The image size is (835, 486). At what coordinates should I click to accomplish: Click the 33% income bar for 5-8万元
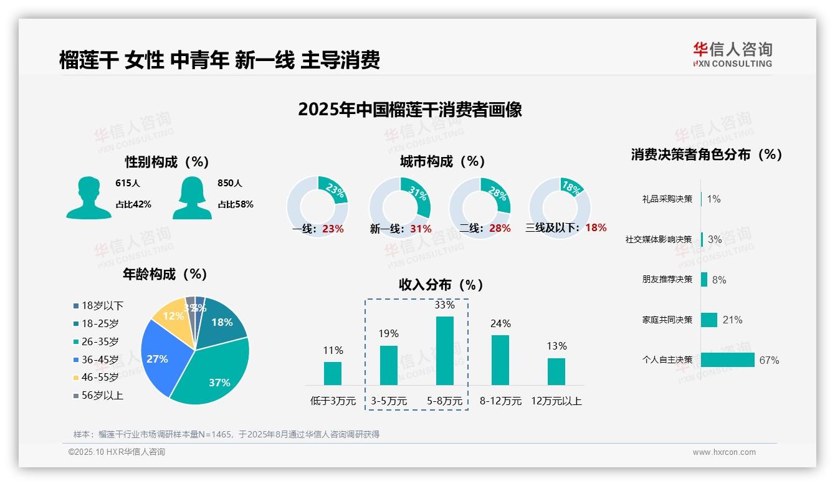pos(445,351)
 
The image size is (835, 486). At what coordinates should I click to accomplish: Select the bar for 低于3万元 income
pos(333,373)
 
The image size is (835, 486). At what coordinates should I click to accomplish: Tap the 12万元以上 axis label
pos(556,401)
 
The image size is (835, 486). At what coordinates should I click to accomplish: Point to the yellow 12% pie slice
pos(170,318)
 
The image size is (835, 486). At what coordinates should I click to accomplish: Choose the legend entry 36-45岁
pos(100,360)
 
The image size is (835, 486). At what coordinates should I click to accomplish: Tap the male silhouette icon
pos(88,198)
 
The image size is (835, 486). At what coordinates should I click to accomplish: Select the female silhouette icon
pos(192,198)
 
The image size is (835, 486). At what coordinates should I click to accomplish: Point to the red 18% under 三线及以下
pos(596,227)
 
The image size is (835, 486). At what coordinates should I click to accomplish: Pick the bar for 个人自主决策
pos(727,360)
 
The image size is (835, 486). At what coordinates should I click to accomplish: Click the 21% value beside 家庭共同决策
pos(732,320)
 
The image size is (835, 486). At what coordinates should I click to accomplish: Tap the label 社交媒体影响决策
pos(659,239)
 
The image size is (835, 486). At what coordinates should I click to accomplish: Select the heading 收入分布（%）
pos(441,285)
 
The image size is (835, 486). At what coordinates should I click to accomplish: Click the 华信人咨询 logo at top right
pos(732,54)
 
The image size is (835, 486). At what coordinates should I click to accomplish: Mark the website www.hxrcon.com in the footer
pos(724,452)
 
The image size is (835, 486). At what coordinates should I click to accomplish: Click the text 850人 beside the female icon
pos(230,183)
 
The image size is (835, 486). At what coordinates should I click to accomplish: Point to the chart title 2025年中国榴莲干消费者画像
pos(409,110)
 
